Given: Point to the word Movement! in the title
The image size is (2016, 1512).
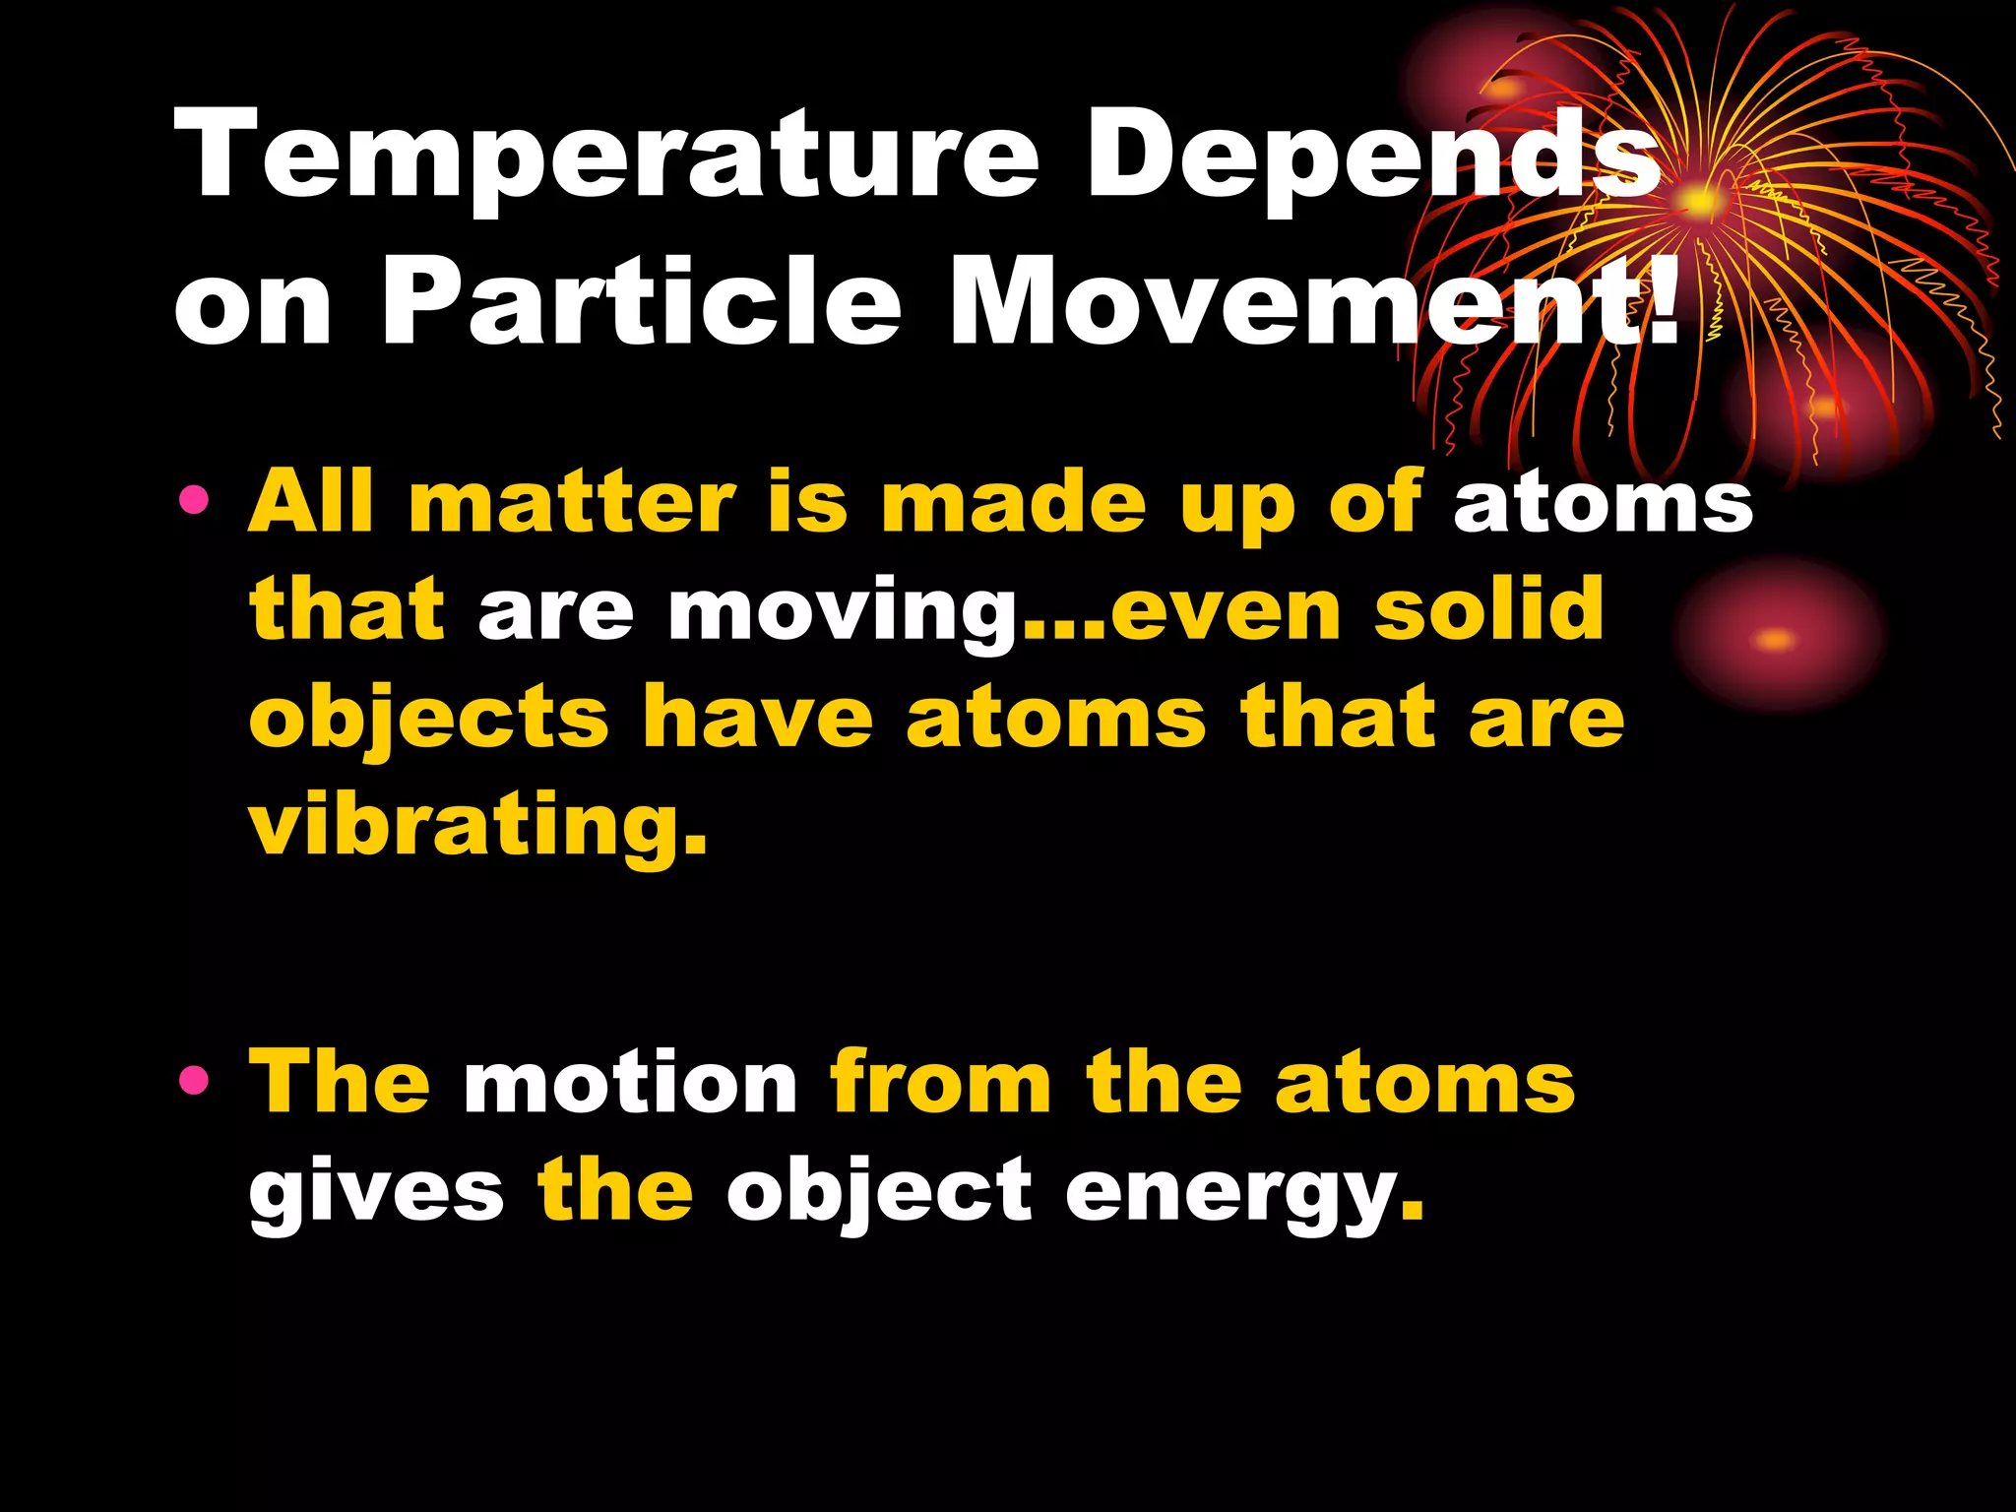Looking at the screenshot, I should point(1314,300).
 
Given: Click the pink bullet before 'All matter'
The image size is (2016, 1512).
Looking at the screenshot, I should point(194,500).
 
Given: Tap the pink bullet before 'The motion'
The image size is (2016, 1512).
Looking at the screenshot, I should point(194,1081).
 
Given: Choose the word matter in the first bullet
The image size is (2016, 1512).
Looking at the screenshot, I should point(572,502).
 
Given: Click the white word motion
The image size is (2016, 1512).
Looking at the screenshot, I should point(630,1083).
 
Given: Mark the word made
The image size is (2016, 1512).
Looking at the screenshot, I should point(1014,502).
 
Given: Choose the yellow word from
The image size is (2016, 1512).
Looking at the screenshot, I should point(940,1083).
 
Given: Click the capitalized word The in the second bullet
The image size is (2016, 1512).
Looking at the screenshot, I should point(340,1083).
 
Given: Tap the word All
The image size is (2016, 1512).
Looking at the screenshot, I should point(311,502).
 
